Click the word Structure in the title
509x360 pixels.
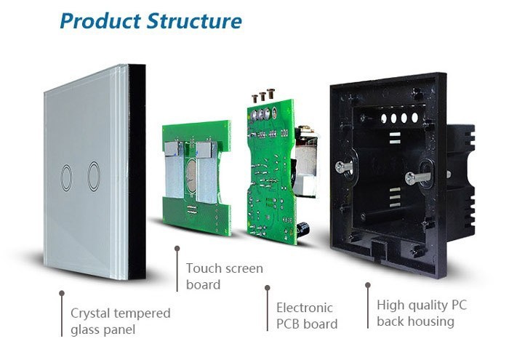(194, 20)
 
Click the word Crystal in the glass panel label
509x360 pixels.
(91, 314)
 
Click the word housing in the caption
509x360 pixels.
(430, 321)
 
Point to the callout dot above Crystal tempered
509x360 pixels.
(62, 293)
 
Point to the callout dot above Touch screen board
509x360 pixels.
(177, 248)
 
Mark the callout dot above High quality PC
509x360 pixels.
(368, 286)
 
